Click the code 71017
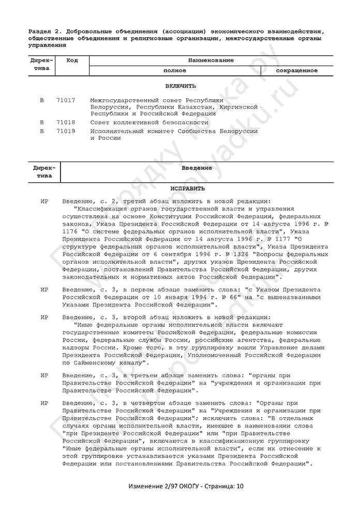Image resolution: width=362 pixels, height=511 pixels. click(66, 100)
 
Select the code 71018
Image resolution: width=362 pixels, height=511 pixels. click(66, 123)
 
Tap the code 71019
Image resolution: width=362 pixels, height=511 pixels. click(66, 131)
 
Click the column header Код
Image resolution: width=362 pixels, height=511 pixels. click(72, 60)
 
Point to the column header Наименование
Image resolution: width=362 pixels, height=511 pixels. click(210, 60)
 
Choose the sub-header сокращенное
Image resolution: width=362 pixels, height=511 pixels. click(296, 70)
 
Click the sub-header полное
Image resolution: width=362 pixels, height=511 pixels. click(175, 70)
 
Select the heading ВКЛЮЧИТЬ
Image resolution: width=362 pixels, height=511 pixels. click(180, 86)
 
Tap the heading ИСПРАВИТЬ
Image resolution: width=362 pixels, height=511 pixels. click(180, 188)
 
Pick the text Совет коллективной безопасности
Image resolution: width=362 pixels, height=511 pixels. click(149, 123)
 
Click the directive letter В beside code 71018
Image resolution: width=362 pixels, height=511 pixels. click(41, 123)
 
